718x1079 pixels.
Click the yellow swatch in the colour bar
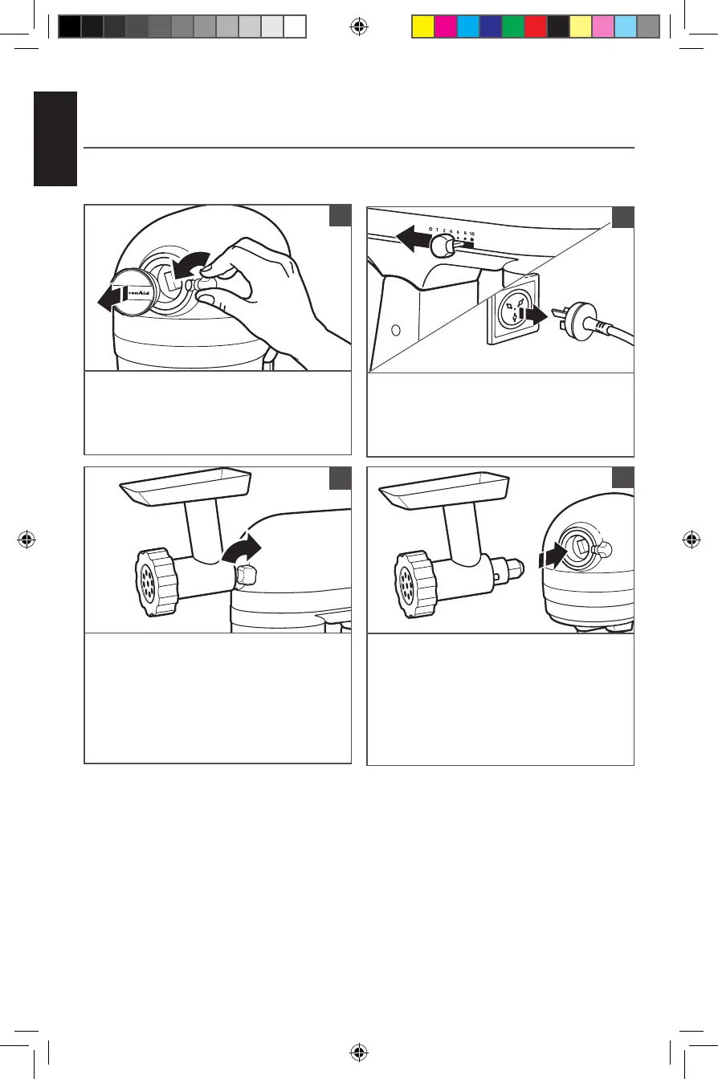click(422, 26)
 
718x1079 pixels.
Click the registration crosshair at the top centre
click(359, 26)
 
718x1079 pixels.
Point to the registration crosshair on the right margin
click(688, 539)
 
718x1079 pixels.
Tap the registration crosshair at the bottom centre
click(359, 1053)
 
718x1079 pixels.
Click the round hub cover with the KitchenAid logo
click(131, 295)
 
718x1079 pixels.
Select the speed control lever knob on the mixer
click(439, 254)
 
